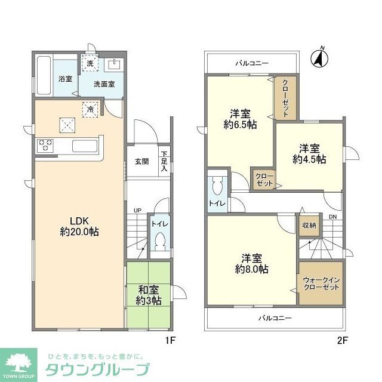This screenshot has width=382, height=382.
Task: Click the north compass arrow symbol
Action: click(x=321, y=58)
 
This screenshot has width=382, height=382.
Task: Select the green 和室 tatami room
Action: click(x=148, y=295)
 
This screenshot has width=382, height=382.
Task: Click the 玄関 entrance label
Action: click(x=141, y=161)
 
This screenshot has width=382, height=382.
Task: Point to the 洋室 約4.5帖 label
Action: click(x=309, y=153)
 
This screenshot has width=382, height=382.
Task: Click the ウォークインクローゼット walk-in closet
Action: click(x=321, y=283)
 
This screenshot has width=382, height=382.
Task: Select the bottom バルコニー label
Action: click(x=275, y=318)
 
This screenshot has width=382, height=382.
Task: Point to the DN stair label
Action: click(x=333, y=217)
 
